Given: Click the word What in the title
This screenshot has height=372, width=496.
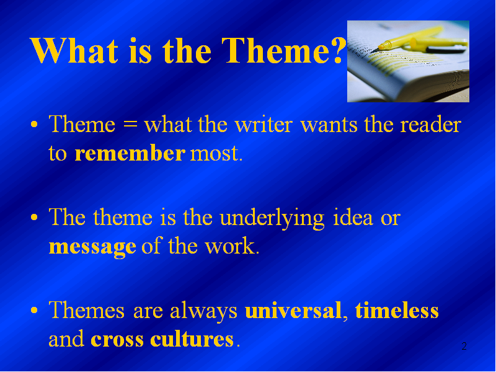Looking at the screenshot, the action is coord(74,51).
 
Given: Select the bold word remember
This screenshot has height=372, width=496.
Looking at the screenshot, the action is coord(130,153).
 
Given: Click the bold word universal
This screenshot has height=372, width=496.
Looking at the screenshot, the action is coord(293,311).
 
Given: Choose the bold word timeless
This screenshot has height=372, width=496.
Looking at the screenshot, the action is coord(397,309).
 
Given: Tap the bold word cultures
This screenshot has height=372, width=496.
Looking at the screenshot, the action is coord(192,339).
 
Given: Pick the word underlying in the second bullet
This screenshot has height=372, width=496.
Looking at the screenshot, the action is coord(272,219).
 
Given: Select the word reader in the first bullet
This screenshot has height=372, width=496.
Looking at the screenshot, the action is coord(430,125).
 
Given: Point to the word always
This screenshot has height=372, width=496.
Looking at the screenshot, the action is coord(203,312).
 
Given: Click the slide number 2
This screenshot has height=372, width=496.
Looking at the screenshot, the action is coord(464,346).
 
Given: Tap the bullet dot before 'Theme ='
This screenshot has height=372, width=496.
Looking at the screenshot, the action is coord(34,125).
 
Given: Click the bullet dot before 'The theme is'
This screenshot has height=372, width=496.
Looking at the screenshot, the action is coord(34,218).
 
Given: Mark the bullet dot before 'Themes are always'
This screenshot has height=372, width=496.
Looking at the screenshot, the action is coord(34,311).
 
